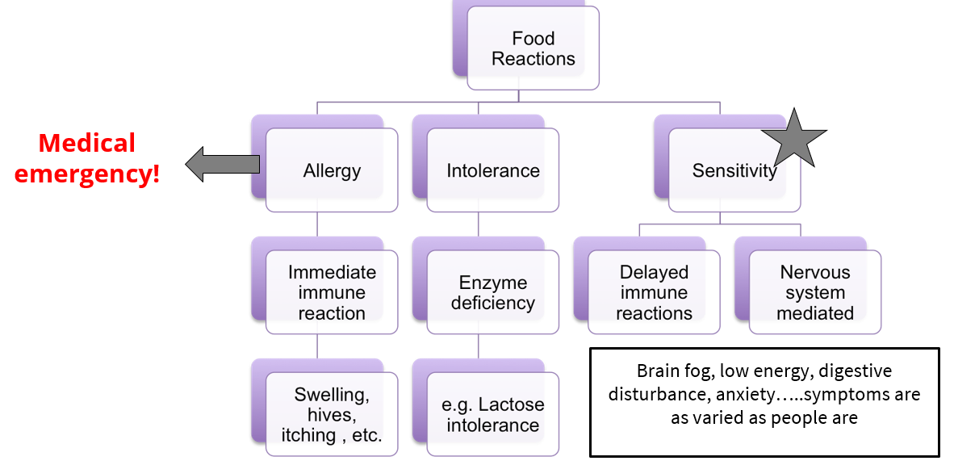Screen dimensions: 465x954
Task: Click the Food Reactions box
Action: pos(533,48)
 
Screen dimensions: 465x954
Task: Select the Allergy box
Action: pos(332,170)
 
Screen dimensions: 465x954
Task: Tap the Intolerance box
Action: pos(492,170)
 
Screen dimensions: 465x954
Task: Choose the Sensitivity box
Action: pos(734,170)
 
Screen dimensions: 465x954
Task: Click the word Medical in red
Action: pos(87,144)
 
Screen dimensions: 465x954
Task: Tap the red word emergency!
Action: pos(87,174)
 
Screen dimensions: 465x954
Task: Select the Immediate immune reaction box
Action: pos(332,292)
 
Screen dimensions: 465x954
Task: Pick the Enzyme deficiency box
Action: pos(492,292)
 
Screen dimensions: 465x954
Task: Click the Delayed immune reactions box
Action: pos(654,292)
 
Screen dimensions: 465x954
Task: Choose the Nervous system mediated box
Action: pos(814,292)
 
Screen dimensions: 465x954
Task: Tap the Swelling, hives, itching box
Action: pos(332,414)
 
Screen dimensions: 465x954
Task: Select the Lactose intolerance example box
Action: pos(492,414)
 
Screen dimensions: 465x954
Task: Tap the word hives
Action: pos(332,415)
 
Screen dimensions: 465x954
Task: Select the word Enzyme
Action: pos(492,283)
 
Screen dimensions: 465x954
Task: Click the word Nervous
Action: pos(814,272)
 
